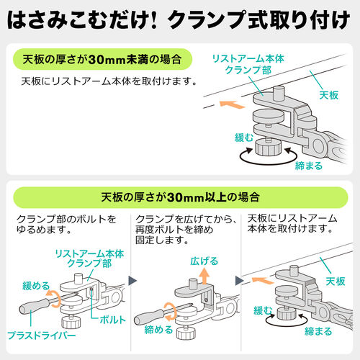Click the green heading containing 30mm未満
pos(102,59)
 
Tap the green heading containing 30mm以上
pos(180,197)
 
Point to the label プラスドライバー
pos(42,336)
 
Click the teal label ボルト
pos(113,320)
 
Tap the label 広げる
pos(204,261)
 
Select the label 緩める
pos(36,286)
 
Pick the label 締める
pos(158,330)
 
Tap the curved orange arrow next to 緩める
pos(55,299)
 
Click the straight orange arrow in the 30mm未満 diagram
pos(232,104)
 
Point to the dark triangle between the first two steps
pos(132,281)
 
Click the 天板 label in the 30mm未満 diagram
pos(329,95)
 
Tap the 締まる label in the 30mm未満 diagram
pos(309,166)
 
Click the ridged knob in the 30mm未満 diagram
pos(268,147)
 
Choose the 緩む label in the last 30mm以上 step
pos(263,310)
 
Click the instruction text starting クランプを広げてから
pos(185,230)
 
